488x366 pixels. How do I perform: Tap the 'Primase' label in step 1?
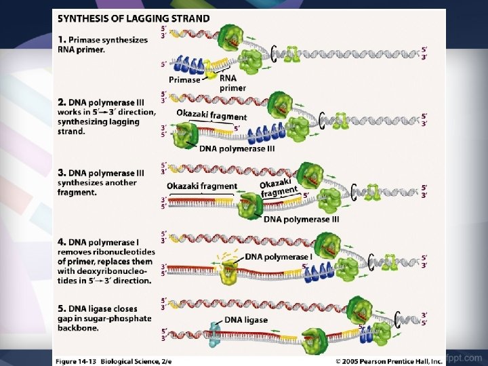point(184,80)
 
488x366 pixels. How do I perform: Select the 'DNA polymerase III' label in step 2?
point(237,149)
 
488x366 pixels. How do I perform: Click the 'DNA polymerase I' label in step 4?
point(278,257)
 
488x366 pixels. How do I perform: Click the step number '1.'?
point(62,40)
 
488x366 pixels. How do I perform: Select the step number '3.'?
point(62,174)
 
